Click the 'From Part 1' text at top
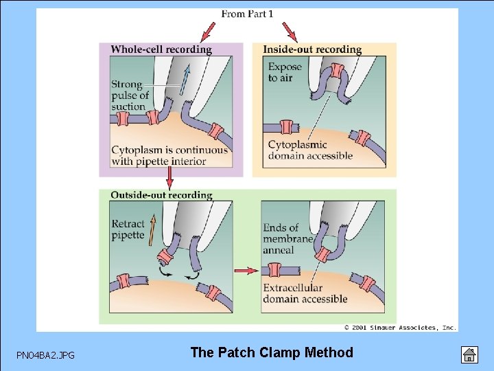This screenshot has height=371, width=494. (x=248, y=14)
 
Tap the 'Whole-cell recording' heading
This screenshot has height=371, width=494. (x=161, y=49)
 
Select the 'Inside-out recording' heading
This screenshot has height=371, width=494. (x=312, y=49)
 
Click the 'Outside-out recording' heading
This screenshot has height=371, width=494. (x=161, y=195)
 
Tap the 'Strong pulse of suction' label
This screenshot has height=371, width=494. (x=129, y=95)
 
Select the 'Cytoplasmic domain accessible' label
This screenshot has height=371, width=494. (x=310, y=150)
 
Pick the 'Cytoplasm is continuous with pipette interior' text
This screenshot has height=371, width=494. (x=169, y=155)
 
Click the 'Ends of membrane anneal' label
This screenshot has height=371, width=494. (x=287, y=238)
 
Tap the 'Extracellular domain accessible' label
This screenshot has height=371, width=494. (x=305, y=293)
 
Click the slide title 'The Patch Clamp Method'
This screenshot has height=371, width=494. (x=272, y=352)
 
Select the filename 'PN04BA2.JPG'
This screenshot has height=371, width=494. (x=46, y=355)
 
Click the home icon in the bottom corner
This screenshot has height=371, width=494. (x=468, y=355)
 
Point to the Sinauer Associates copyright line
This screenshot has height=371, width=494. (x=400, y=328)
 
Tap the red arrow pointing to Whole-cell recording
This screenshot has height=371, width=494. (x=207, y=32)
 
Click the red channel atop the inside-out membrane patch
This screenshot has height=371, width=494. (x=337, y=70)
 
